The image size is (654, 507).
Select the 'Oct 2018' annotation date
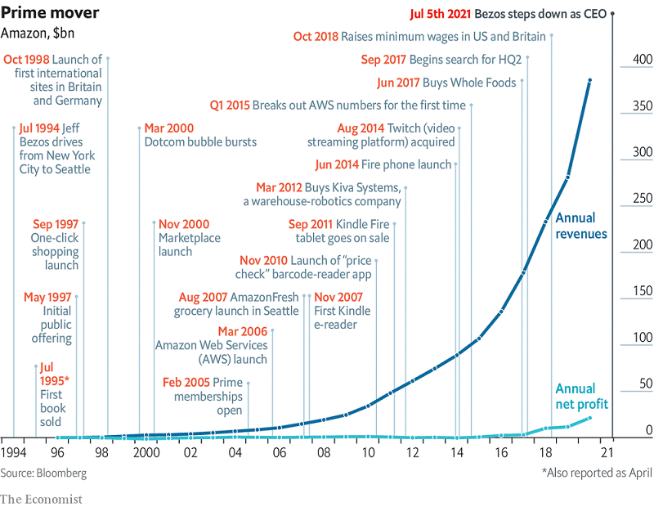[316, 37]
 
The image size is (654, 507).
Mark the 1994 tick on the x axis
[13, 452]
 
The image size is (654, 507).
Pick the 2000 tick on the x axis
[147, 452]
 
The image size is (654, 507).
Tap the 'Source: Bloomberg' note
[43, 473]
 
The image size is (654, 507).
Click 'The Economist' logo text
[41, 496]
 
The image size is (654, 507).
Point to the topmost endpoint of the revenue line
[590, 80]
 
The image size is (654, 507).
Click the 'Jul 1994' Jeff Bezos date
[38, 128]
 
